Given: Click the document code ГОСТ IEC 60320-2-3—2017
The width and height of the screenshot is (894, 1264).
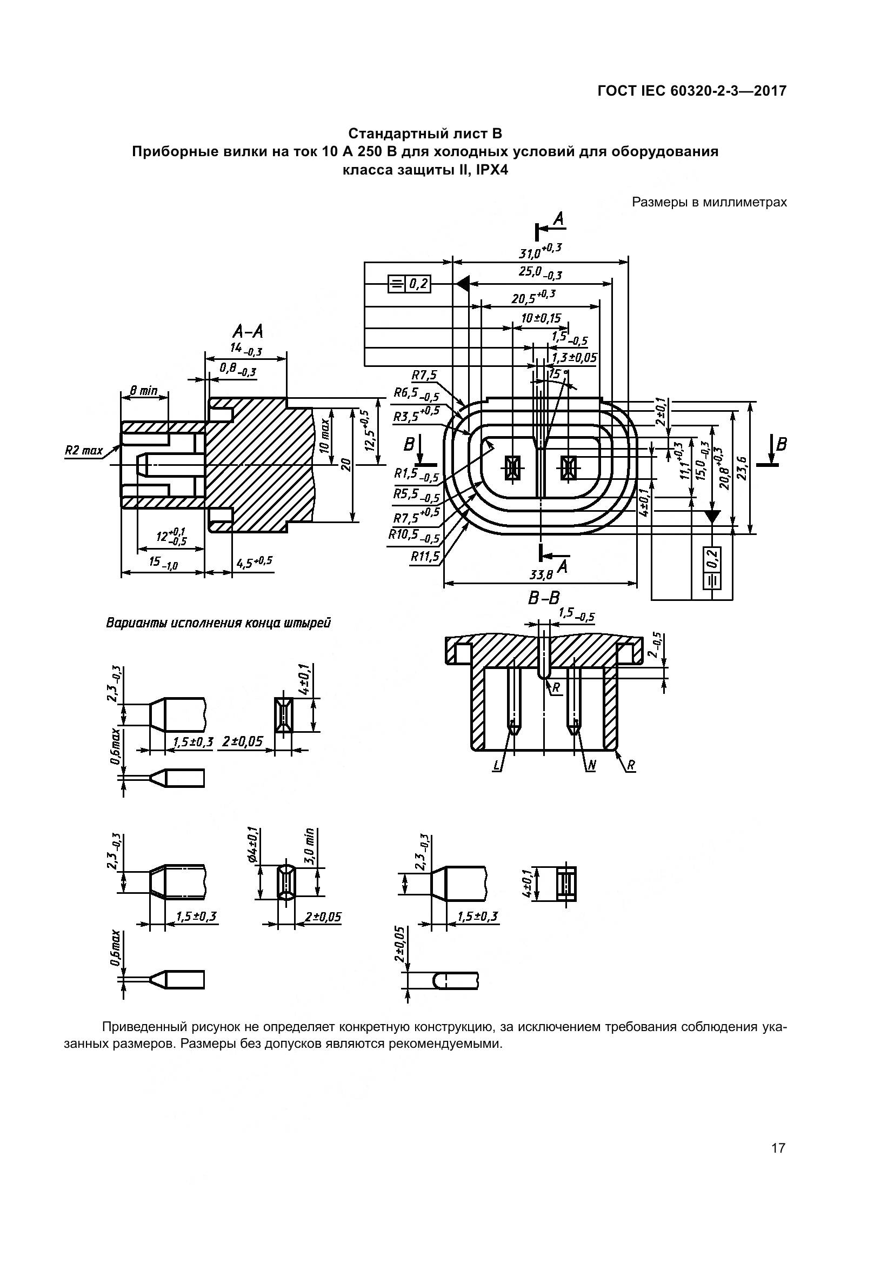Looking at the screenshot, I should (692, 91).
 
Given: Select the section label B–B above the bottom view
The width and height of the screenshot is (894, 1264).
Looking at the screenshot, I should (544, 598).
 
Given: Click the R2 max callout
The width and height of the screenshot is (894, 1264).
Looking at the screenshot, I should (84, 450).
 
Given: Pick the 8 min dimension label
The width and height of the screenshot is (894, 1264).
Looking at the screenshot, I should (144, 391).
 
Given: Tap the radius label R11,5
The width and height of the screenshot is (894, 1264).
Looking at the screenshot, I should (425, 557).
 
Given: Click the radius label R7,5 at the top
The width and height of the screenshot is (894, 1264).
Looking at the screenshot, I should (424, 376).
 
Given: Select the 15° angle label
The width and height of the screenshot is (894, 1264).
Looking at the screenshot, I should (558, 374).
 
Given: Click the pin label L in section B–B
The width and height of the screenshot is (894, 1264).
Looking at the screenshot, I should (497, 766).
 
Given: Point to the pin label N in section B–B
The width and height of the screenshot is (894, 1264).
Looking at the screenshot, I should (592, 766).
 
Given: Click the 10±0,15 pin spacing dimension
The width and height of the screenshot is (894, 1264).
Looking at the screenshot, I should (541, 318).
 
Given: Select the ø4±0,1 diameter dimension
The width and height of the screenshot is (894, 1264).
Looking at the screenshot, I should (252, 844).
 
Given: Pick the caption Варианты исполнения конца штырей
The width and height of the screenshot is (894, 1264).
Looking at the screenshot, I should (218, 624).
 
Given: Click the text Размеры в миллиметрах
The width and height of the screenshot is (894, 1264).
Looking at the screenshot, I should (709, 202).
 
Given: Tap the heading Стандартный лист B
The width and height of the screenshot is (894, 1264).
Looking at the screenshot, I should (425, 134).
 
